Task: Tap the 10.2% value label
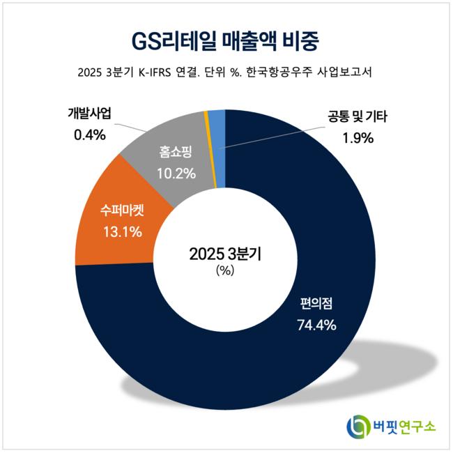click(176, 174)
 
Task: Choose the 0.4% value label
click(90, 135)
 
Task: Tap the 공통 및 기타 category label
click(358, 116)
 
